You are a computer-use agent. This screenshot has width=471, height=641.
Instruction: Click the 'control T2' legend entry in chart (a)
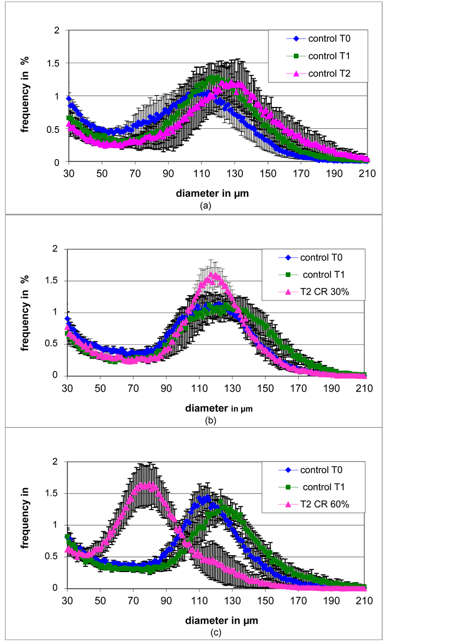[x=329, y=74]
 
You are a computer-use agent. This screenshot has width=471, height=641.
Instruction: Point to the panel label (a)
[x=206, y=205]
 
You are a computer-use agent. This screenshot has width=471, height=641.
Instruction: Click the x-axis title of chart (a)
[x=212, y=192]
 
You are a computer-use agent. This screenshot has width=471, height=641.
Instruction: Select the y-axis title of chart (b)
[x=25, y=311]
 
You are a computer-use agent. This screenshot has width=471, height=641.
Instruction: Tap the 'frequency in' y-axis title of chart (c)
[x=25, y=524]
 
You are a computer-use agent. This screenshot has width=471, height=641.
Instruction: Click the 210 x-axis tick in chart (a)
[x=364, y=173]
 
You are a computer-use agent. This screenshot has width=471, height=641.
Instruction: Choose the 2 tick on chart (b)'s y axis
[x=58, y=249]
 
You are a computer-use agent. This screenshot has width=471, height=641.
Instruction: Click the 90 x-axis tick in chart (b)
[x=167, y=386]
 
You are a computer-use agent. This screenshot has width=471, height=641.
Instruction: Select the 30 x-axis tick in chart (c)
[x=67, y=600]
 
